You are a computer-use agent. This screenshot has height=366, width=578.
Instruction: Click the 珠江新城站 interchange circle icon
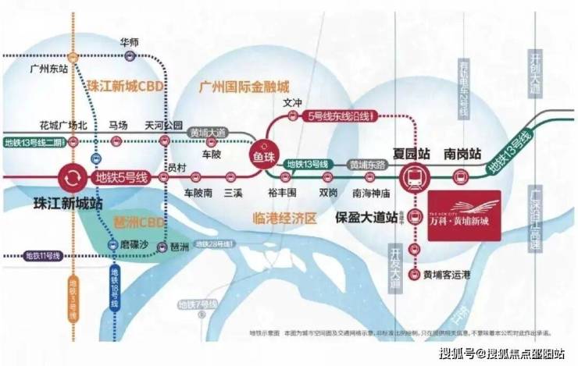71,178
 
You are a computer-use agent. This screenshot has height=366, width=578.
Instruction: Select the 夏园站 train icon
413,177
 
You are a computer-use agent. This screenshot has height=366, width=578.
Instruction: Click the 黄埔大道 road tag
206,133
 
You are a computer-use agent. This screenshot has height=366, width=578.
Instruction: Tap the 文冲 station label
291,102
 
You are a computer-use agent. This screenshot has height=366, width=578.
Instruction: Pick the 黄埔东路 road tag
369,165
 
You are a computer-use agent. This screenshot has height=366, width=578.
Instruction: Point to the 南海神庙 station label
370,191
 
